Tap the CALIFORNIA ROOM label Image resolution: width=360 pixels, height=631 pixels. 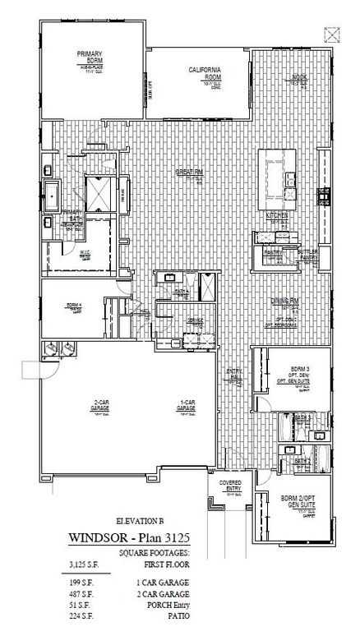coord(203,75)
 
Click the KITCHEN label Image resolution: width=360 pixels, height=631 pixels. coord(275,215)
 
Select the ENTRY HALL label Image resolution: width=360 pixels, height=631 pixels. coord(233,375)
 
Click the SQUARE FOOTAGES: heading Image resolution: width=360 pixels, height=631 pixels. coord(154,553)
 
